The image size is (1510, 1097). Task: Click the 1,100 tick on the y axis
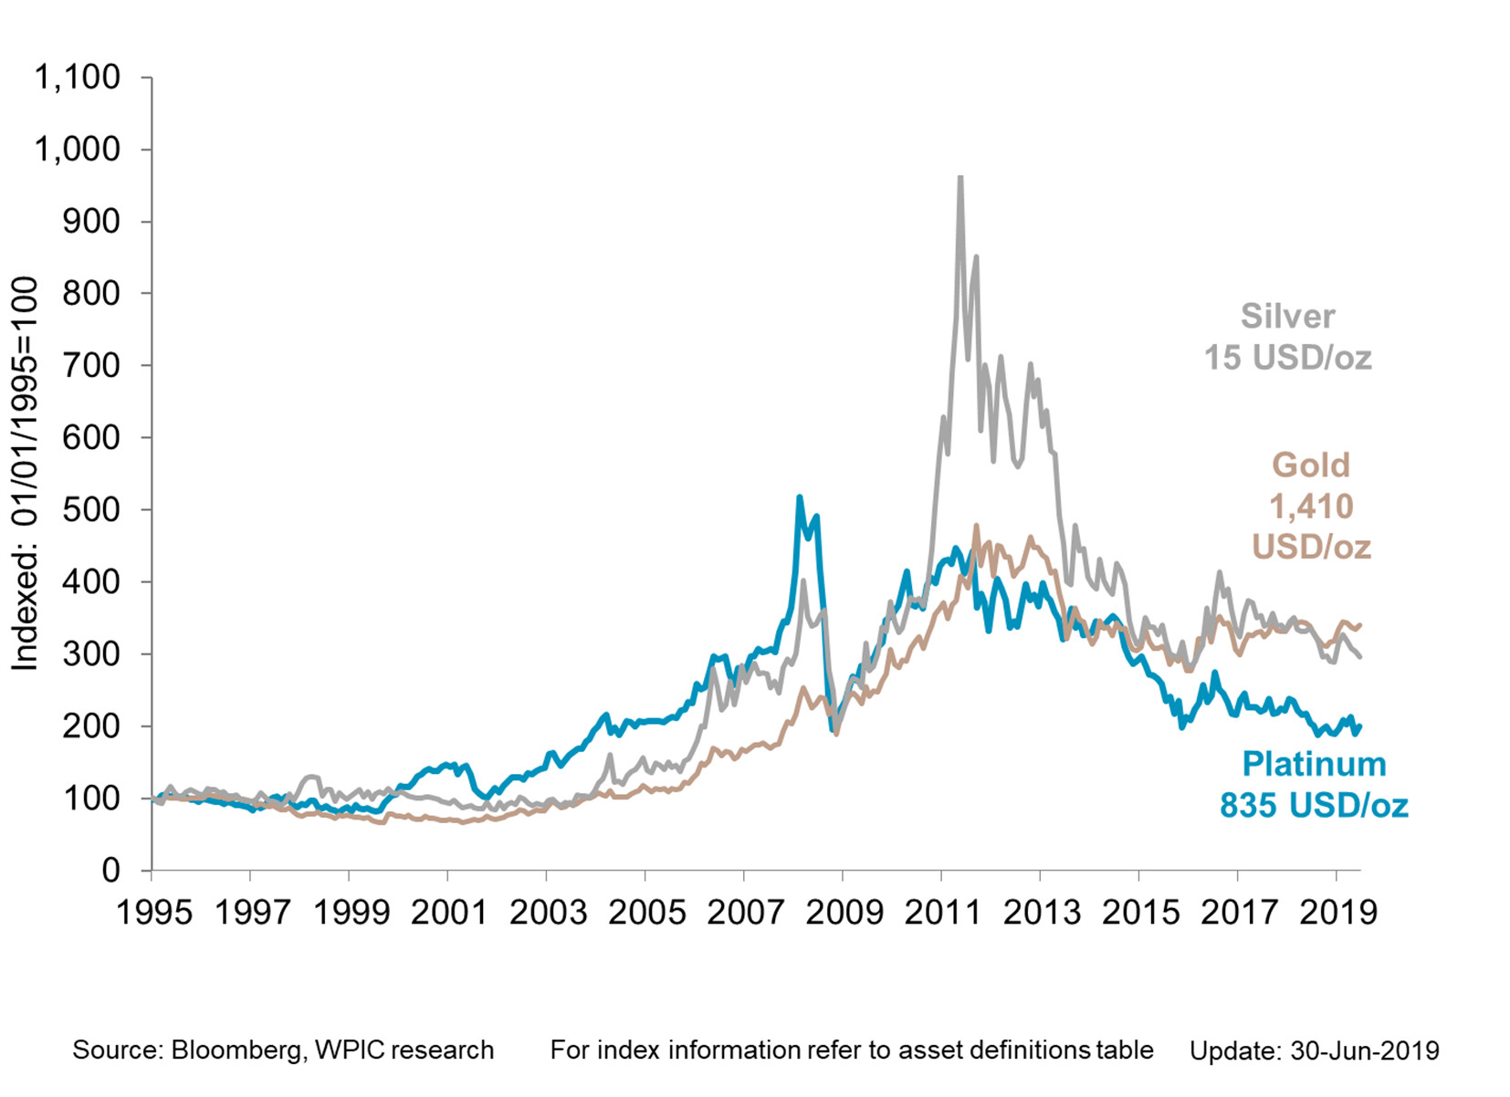78,78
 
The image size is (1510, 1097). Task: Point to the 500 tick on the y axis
91,510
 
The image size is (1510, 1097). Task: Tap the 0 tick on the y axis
110,871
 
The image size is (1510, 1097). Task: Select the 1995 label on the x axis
154,912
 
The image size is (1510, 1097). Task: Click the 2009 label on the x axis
844,912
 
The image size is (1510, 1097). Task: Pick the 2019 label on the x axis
1337,912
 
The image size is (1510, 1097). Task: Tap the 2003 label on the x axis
548,912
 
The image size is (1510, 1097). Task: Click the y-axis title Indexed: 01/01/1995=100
25,474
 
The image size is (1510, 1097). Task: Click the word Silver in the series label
1287,317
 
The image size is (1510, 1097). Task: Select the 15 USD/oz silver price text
1287,358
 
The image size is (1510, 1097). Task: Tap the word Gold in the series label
1311,465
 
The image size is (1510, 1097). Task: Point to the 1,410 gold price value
1311,506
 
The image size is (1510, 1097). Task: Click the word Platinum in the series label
1314,764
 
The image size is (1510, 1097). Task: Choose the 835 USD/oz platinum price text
1314,805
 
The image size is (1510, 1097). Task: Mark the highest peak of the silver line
959,179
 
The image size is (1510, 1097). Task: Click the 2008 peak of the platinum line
800,497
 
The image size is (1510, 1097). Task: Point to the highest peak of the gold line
976,526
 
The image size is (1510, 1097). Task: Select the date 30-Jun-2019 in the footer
1364,1051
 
